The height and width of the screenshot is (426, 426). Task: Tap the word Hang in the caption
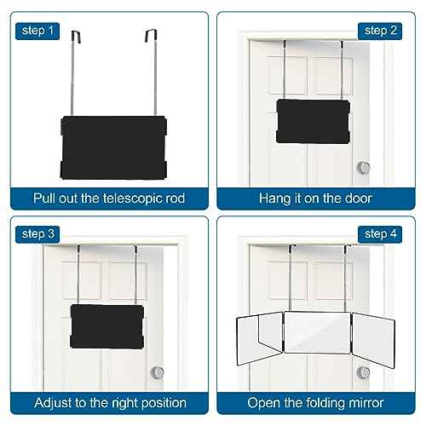click(x=275, y=199)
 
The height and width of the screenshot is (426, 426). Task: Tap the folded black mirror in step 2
click(x=314, y=118)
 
